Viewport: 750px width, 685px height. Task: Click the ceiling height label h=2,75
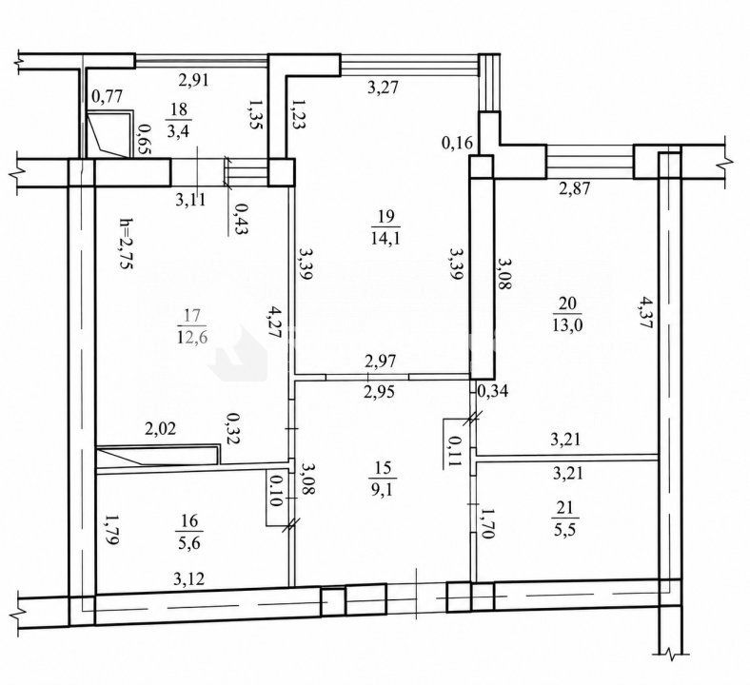click(125, 244)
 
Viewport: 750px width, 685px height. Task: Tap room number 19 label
click(385, 218)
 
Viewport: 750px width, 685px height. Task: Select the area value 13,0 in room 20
click(567, 326)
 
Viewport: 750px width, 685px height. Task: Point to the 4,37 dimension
click(646, 313)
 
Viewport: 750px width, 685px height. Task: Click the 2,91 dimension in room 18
click(194, 79)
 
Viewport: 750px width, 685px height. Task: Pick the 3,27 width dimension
click(383, 87)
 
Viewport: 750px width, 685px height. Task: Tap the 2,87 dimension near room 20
click(575, 187)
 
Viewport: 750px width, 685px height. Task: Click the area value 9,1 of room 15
click(383, 490)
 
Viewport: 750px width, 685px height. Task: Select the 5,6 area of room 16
click(190, 543)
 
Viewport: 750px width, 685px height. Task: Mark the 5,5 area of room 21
click(565, 530)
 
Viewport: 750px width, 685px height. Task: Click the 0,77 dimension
click(107, 96)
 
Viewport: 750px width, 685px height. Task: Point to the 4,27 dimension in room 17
click(273, 323)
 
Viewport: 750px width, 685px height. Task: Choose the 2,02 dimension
click(160, 428)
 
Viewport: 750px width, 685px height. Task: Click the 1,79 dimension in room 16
click(110, 530)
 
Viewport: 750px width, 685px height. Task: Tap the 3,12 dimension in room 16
click(189, 579)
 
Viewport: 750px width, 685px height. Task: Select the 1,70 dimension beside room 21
click(486, 524)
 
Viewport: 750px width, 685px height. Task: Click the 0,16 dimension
click(457, 143)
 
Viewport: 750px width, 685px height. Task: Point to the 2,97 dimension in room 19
click(381, 361)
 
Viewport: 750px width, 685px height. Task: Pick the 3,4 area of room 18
click(178, 130)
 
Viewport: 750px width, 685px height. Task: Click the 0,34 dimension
click(493, 391)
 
